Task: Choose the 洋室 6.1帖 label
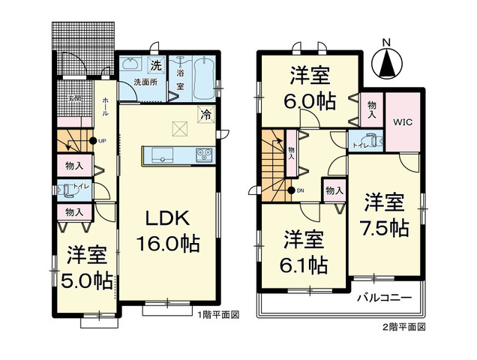[304, 253]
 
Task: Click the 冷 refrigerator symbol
[204, 115]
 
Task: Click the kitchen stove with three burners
[203, 155]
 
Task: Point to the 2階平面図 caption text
[406, 327]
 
